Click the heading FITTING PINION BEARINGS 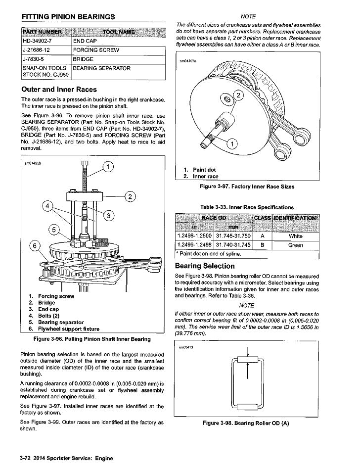68,17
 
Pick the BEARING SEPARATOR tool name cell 102,68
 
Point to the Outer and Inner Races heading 59,90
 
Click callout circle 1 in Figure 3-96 107,167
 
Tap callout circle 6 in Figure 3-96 35,246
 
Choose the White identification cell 296,236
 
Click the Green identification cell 296,245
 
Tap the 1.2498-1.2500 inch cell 194,236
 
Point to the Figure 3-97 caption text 247,187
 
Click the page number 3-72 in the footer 27,458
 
